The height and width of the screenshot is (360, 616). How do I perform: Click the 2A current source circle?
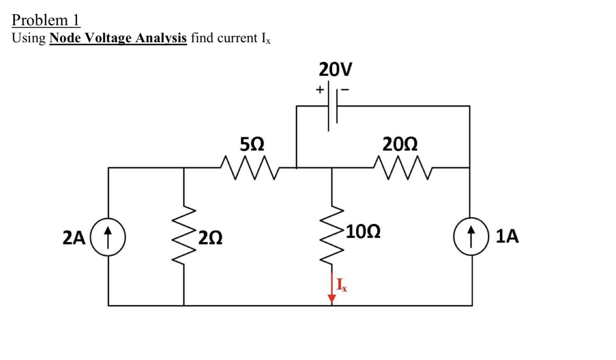(109, 237)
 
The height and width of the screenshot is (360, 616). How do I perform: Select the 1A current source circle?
(470, 237)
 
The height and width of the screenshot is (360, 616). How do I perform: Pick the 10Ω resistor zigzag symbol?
(331, 237)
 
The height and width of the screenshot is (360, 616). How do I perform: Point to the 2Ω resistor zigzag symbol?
(184, 237)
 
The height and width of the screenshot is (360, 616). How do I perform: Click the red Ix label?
(342, 285)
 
